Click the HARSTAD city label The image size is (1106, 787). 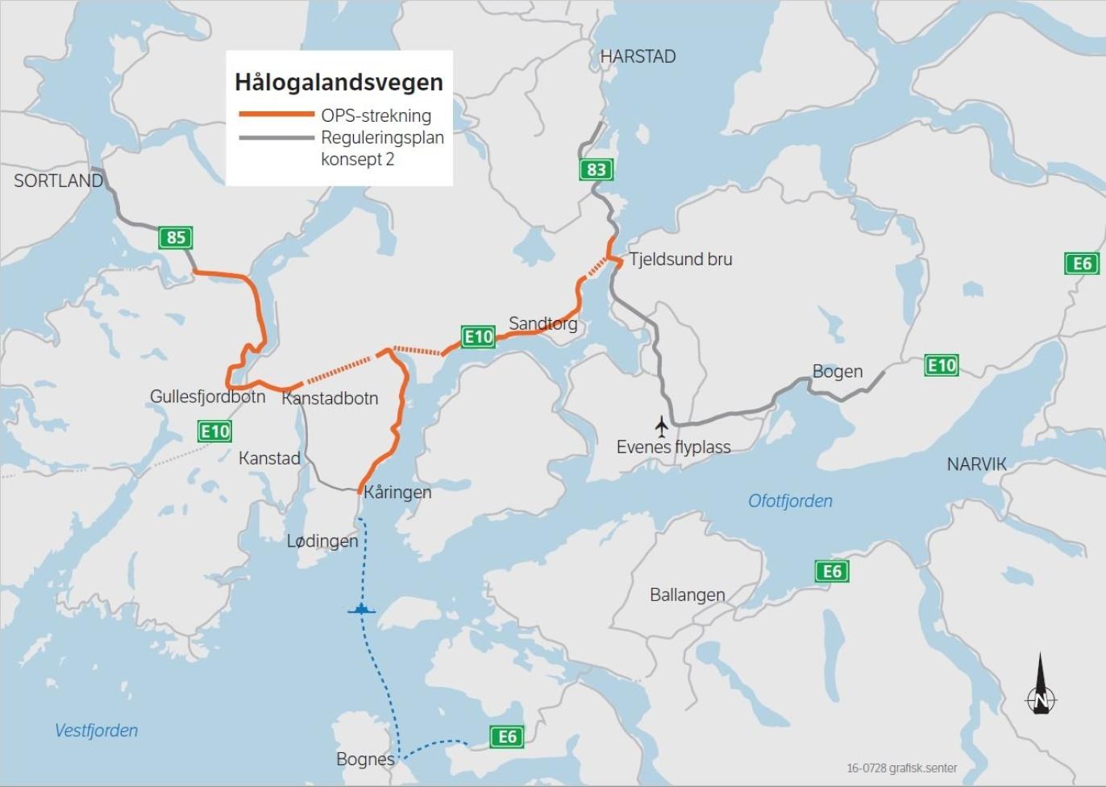pos(638,56)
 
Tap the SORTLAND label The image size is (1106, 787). pos(58,181)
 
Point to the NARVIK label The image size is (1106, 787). pos(976,464)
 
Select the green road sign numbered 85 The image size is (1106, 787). pos(176,238)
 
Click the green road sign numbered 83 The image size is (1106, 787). pos(596,169)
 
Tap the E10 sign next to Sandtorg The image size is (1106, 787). pos(478,336)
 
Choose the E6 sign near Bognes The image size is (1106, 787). pos(507,736)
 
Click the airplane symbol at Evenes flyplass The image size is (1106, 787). pos(662,426)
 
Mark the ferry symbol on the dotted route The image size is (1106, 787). pos(362,609)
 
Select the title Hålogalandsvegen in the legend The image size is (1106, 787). pos(339,82)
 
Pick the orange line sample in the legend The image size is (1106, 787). pos(276,115)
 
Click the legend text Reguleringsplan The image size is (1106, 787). pos(382,138)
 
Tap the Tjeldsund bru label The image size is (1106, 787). pos(680,260)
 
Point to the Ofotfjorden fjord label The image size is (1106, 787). pos(790,501)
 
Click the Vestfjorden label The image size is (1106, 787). pos(96,731)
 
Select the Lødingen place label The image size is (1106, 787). pos(322,541)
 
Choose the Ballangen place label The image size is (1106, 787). pos(687,595)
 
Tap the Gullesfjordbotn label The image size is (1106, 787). pos(207,397)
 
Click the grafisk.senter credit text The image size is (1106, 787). pos(901,768)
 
